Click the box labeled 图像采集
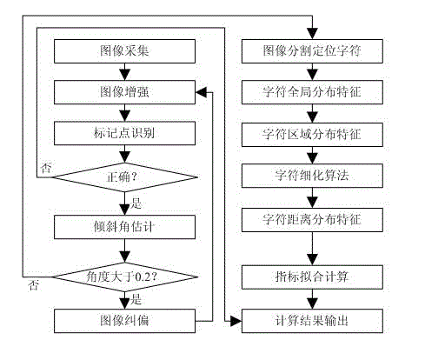click(x=124, y=51)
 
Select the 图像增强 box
click(x=124, y=92)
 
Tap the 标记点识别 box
click(x=124, y=133)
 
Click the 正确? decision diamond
click(x=124, y=177)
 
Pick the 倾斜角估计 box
click(x=124, y=227)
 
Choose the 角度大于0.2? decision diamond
click(x=124, y=277)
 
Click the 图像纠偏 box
click(x=124, y=321)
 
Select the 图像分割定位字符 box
click(x=312, y=51)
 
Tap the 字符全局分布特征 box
click(x=312, y=92)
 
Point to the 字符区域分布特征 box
click(x=312, y=135)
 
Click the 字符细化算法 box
click(x=312, y=176)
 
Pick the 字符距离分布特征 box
click(x=312, y=220)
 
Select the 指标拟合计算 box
click(x=312, y=277)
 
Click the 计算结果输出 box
click(x=312, y=321)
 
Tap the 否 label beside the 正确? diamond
click(x=46, y=168)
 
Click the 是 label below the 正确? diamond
click(x=136, y=203)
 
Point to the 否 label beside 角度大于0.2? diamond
click(x=34, y=285)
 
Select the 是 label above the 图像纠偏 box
click(x=136, y=299)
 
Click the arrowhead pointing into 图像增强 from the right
click(x=201, y=92)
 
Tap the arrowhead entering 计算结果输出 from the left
click(x=236, y=321)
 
